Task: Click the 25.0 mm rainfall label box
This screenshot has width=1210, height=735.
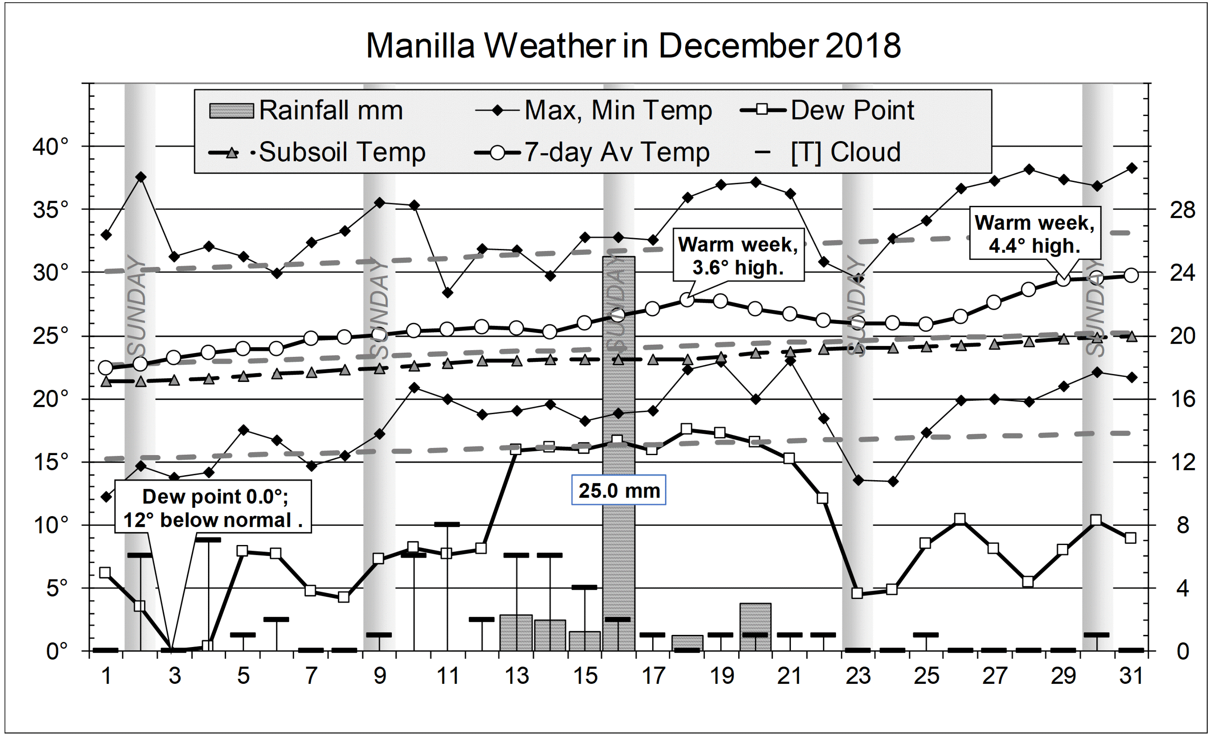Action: tap(619, 490)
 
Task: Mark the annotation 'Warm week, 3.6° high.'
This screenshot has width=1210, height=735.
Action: tap(738, 256)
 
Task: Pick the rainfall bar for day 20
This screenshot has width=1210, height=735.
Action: tap(755, 627)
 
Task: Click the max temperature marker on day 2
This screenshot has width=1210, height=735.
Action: tap(141, 177)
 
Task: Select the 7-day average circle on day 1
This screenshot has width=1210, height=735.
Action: tap(106, 367)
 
